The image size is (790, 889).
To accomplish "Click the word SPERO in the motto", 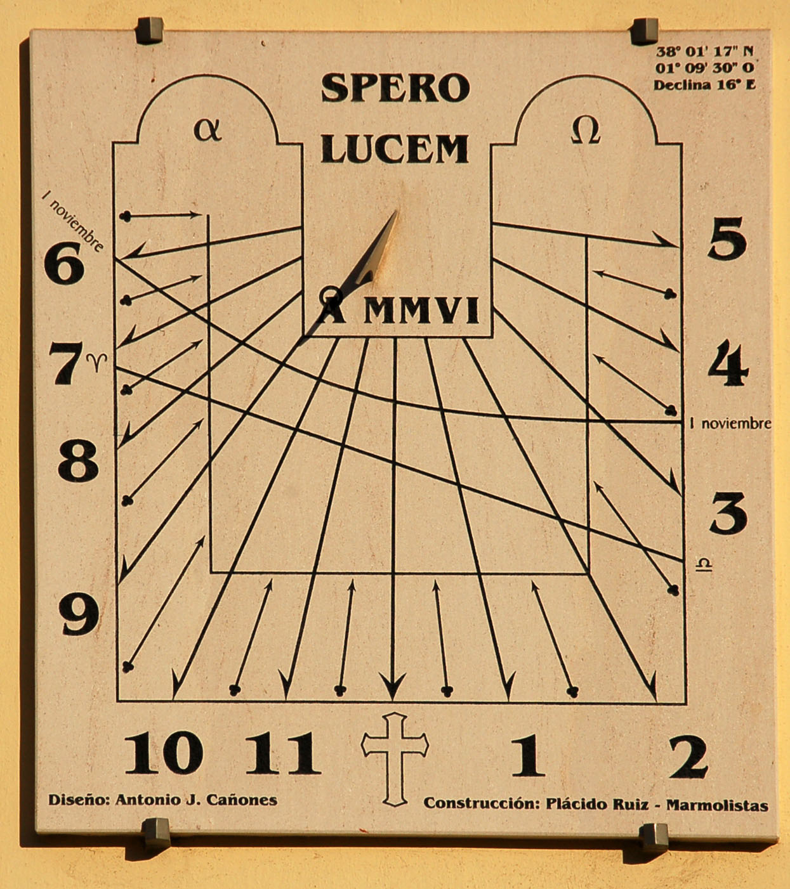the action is (x=395, y=88).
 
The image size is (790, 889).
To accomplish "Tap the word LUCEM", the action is (x=395, y=149).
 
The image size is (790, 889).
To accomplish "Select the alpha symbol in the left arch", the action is (x=207, y=131).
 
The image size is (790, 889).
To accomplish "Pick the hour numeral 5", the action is (x=727, y=238).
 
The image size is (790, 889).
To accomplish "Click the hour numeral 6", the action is (x=64, y=263).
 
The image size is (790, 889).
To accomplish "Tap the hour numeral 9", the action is (x=79, y=614).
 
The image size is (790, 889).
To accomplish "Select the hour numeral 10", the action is (x=164, y=753).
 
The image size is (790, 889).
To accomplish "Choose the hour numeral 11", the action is (x=283, y=753).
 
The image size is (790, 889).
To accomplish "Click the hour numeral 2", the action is (x=688, y=756).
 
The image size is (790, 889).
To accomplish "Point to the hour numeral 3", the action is (x=728, y=514).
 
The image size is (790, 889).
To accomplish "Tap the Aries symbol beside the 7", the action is (x=96, y=361).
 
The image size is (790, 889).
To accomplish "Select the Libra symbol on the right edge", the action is (x=704, y=564).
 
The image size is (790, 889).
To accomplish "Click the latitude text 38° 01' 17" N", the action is (x=705, y=51).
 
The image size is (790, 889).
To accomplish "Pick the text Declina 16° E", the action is (x=705, y=85).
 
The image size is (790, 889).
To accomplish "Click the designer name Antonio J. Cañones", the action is (x=196, y=800).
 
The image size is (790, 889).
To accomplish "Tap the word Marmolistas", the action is (x=717, y=805).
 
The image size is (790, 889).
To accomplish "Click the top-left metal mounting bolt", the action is (x=150, y=30).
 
